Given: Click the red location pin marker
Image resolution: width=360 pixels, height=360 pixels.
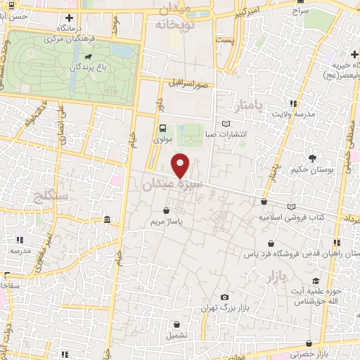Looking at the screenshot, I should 181,165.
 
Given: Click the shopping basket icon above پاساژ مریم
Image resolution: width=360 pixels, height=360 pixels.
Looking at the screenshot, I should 166,210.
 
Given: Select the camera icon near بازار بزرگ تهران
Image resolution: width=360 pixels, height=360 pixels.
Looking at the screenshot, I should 224,297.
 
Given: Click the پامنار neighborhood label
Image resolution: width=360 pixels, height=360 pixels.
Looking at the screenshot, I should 252,106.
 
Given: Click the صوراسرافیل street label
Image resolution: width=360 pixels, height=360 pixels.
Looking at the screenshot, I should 188,84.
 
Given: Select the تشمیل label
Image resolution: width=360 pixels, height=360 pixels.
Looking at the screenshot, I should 177,335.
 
